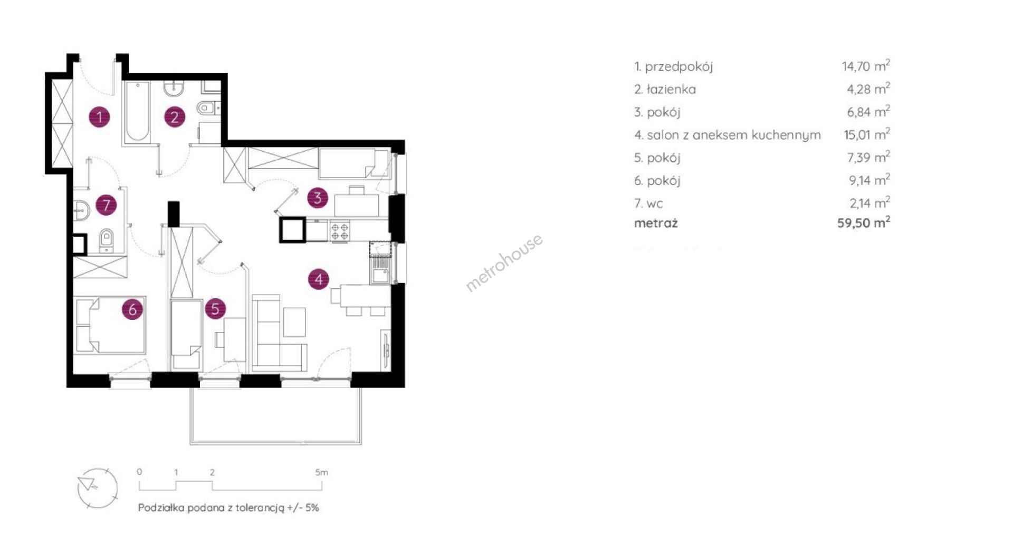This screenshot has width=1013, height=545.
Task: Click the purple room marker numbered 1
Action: point(100,116)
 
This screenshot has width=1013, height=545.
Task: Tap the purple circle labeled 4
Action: point(319,279)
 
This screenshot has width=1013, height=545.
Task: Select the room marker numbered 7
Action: point(106,205)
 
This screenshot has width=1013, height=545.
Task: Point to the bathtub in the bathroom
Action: point(137,112)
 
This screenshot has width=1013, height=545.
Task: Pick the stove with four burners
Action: point(340,231)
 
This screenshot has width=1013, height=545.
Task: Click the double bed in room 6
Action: point(110,326)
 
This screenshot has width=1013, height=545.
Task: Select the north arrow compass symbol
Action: point(98,488)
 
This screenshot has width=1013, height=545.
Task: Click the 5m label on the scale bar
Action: point(321,472)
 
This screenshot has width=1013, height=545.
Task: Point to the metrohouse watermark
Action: point(504,262)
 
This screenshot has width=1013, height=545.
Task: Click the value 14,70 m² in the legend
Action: point(866,65)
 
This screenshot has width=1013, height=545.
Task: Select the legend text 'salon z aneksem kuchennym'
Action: point(734,135)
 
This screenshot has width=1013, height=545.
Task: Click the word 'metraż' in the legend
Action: point(656,223)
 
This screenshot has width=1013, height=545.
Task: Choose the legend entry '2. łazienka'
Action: point(665,89)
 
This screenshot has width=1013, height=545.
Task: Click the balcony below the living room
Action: point(276,416)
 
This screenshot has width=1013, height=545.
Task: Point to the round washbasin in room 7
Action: point(82,210)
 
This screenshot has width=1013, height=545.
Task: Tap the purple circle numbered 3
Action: point(318,198)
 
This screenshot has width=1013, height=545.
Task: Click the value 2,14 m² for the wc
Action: point(869,203)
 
